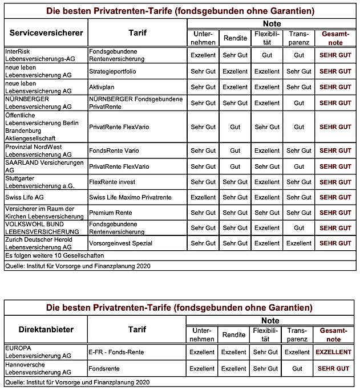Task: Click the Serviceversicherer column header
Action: (x=46, y=32)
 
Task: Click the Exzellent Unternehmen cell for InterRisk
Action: (x=203, y=55)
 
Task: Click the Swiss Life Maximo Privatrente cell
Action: (x=130, y=197)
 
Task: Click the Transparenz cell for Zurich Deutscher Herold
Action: (x=298, y=243)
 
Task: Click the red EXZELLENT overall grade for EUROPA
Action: (x=334, y=352)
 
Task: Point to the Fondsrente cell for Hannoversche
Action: (x=104, y=369)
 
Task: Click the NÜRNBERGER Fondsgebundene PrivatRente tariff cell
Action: (x=135, y=103)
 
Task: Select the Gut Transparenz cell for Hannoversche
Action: (x=297, y=369)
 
